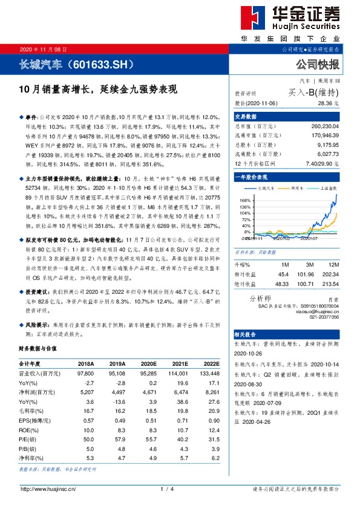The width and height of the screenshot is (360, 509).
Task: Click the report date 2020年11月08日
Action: pos(44,49)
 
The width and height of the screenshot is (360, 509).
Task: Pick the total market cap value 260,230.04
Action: pos(322,127)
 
